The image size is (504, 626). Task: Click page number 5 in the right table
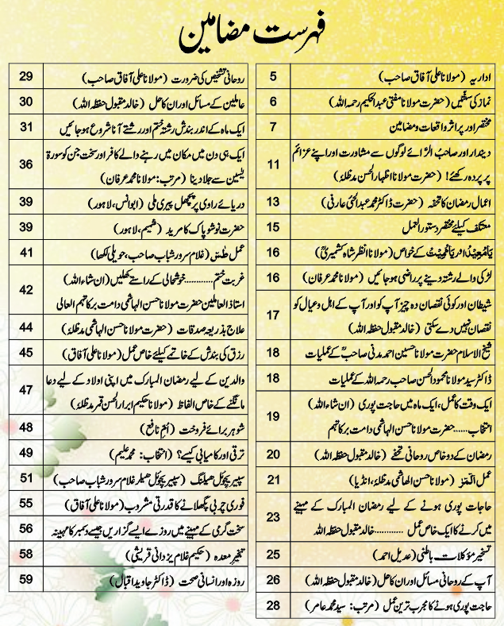274,78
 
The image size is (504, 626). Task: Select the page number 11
274,143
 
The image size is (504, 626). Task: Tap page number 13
274,181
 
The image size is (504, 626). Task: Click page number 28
274,606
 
